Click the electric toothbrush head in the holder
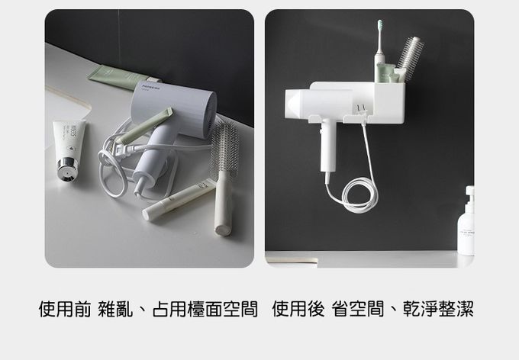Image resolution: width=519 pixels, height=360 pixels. (380, 25)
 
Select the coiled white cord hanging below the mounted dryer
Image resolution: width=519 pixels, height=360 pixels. (359, 194)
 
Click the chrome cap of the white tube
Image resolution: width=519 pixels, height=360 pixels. (66, 169)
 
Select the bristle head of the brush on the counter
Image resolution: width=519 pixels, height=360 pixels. (224, 147)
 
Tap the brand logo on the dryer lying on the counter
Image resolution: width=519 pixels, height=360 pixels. (151, 88)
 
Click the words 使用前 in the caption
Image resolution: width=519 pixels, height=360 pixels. (65, 309)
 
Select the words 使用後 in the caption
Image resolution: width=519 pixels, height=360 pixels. (298, 309)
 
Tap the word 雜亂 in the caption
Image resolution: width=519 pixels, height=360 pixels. (115, 309)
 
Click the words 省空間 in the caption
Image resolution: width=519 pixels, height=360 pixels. (358, 309)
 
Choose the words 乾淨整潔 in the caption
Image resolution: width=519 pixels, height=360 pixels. (438, 309)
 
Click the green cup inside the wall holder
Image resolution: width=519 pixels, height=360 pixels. (385, 73)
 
